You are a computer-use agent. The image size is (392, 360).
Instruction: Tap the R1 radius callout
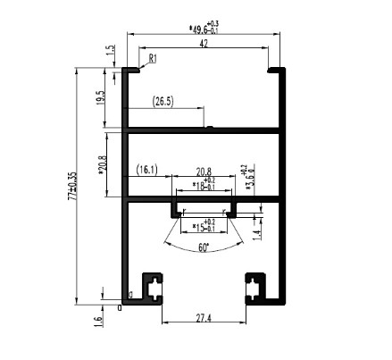click(x=154, y=59)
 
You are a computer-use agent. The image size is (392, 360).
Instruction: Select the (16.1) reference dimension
click(x=146, y=169)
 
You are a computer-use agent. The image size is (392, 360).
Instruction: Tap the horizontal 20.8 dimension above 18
click(x=204, y=172)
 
